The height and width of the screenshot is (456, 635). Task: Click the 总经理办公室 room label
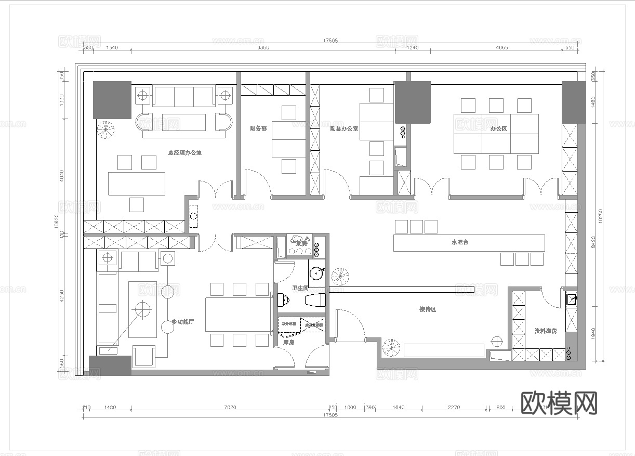(184, 153)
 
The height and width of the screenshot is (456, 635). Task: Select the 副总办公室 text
(343, 128)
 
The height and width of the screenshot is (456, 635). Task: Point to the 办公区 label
(498, 128)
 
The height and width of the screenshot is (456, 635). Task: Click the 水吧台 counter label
(460, 242)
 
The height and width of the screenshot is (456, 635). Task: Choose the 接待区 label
(427, 309)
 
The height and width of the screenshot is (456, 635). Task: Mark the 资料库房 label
(545, 331)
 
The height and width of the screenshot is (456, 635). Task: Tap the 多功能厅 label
(182, 322)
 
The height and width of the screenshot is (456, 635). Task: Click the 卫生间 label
(300, 288)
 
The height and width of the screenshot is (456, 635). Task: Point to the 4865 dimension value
(501, 47)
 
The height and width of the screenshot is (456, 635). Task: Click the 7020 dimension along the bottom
(230, 407)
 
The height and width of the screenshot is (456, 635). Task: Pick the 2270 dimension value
(453, 407)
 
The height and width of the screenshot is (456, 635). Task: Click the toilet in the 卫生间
(282, 300)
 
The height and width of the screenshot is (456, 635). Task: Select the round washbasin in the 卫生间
(316, 273)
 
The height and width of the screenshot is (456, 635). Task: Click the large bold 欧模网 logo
(559, 403)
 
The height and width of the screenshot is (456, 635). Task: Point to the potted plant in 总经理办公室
(106, 127)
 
